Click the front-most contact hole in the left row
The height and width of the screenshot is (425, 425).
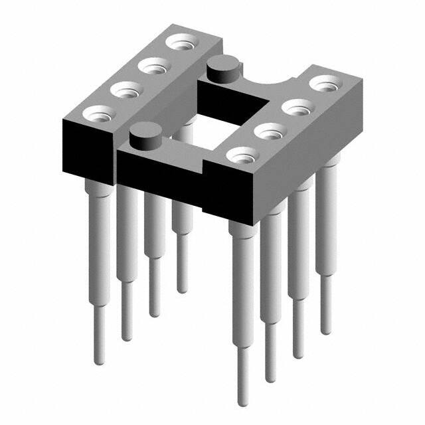pyautogui.click(x=96, y=112)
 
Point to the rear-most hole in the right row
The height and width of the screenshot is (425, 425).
pyautogui.click(x=325, y=84)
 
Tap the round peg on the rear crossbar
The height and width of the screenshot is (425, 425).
pyautogui.click(x=220, y=69)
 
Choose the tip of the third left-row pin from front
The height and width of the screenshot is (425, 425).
pyautogui.click(x=154, y=313)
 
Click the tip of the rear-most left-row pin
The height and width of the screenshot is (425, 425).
pyautogui.click(x=181, y=289)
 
